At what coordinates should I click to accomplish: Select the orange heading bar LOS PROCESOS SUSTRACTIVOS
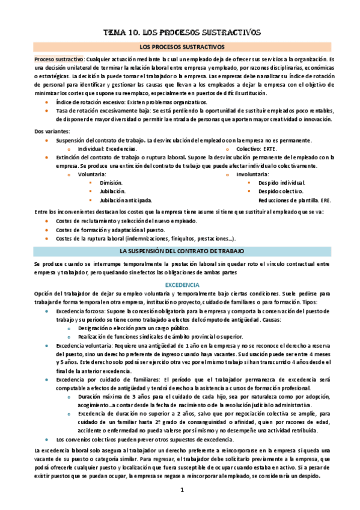[x=181, y=46]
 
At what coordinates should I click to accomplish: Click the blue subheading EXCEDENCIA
[x=181, y=284]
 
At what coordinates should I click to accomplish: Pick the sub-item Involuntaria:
[x=256, y=174]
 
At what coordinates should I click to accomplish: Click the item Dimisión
[x=111, y=182]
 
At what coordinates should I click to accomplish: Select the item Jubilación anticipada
[x=126, y=200]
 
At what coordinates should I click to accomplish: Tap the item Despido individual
[x=281, y=182]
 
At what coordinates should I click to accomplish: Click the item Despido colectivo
[x=280, y=191]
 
